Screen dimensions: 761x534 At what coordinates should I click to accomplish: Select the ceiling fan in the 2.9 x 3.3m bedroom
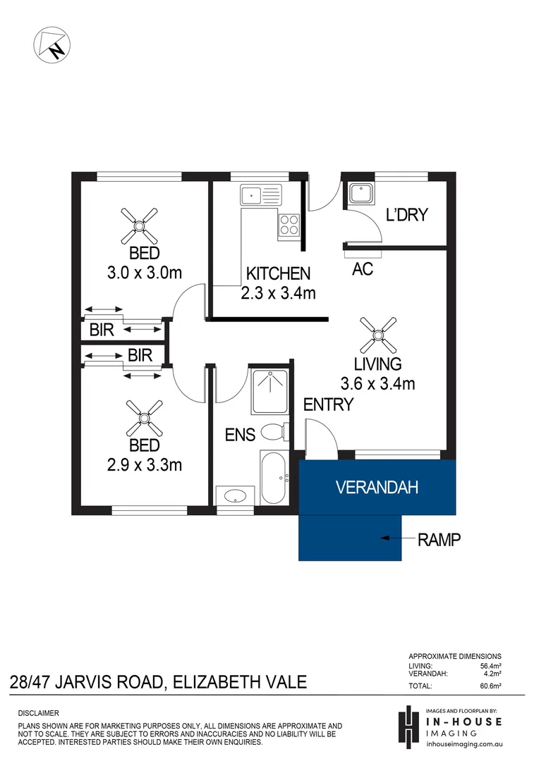click(143, 419)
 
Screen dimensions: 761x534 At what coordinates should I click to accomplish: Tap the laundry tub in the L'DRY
click(360, 192)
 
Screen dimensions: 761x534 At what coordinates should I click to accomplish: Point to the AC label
click(362, 268)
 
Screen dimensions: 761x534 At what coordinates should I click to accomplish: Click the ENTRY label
click(328, 404)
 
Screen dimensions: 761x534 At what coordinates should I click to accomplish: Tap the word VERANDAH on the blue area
click(377, 487)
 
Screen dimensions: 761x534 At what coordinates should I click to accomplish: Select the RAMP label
click(439, 540)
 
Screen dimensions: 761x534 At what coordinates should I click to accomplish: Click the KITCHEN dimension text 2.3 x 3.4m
click(278, 293)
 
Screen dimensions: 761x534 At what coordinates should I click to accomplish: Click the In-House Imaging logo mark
click(408, 725)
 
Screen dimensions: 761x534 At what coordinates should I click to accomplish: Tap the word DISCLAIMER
click(38, 713)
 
